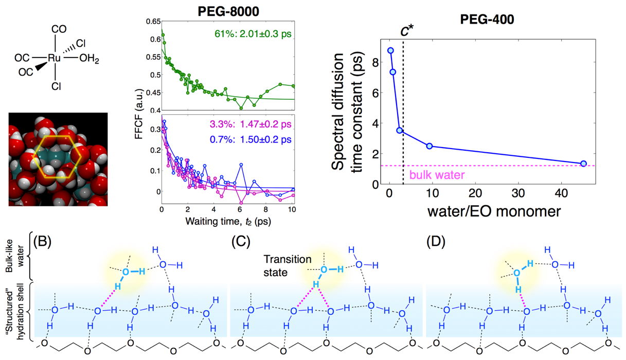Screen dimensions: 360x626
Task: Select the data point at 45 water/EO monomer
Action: click(x=583, y=164)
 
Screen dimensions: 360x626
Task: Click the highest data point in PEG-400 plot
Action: click(x=390, y=50)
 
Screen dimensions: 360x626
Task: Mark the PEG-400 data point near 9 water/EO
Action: click(x=430, y=147)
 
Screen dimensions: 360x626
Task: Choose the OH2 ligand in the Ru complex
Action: click(x=89, y=60)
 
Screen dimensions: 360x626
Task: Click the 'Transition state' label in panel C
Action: click(x=287, y=266)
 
